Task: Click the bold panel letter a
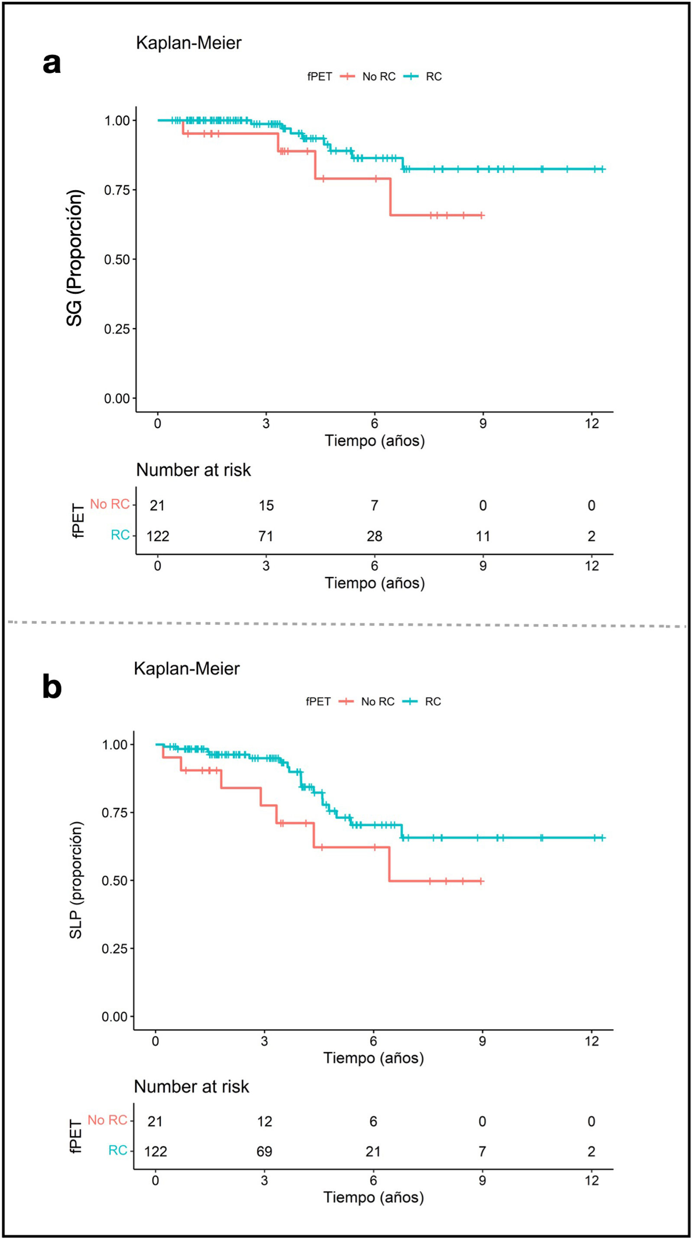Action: [x=52, y=64]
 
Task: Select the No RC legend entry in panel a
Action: [x=368, y=77]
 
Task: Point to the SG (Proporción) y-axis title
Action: [x=74, y=258]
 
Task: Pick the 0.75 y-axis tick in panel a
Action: [x=117, y=190]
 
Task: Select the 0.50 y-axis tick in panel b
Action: [x=115, y=881]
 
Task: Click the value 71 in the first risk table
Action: [x=266, y=536]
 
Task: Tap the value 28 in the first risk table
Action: [x=375, y=536]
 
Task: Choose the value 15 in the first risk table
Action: [x=266, y=505]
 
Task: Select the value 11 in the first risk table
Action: [x=483, y=536]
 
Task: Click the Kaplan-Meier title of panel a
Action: [x=188, y=43]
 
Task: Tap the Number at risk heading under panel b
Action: [x=191, y=1096]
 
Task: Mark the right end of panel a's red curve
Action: [x=483, y=215]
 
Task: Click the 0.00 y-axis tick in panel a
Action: [x=117, y=399]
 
